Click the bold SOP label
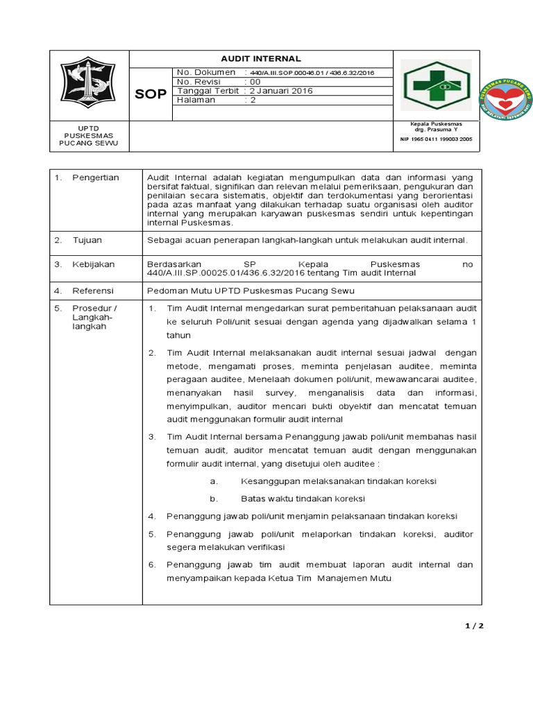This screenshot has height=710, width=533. click(150, 94)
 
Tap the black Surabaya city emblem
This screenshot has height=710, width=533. click(89, 83)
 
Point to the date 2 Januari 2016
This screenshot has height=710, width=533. click(282, 91)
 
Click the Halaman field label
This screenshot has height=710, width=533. click(196, 100)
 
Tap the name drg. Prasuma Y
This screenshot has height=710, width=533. click(436, 130)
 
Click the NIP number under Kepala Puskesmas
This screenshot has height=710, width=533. click(436, 139)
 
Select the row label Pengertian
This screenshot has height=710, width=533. click(95, 177)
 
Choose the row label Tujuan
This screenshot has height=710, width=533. click(87, 240)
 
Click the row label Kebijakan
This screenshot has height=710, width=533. click(93, 264)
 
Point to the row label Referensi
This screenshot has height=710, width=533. click(92, 291)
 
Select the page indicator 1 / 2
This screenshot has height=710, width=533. click(474, 626)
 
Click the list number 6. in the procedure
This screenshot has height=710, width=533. click(152, 564)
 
